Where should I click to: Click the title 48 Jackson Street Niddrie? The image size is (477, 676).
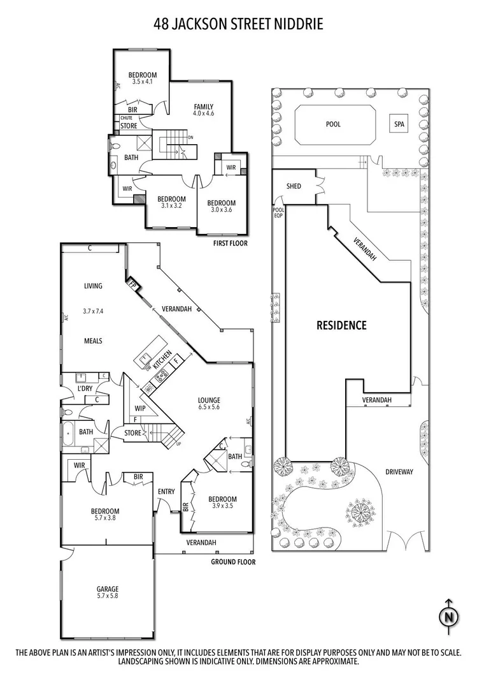(238, 24)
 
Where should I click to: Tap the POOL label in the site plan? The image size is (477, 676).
(333, 124)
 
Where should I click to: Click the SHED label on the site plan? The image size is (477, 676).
(294, 187)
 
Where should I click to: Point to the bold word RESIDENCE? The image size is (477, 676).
(342, 325)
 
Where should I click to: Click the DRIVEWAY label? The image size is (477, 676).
(399, 472)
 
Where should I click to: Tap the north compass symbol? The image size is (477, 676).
(449, 616)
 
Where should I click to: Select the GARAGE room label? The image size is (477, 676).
(108, 589)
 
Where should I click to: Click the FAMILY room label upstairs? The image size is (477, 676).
(204, 107)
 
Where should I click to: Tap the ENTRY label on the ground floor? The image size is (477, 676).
(166, 491)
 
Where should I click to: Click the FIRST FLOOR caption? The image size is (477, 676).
(231, 244)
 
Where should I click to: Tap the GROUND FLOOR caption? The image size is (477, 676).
(233, 562)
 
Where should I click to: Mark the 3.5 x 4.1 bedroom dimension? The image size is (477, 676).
(143, 82)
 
